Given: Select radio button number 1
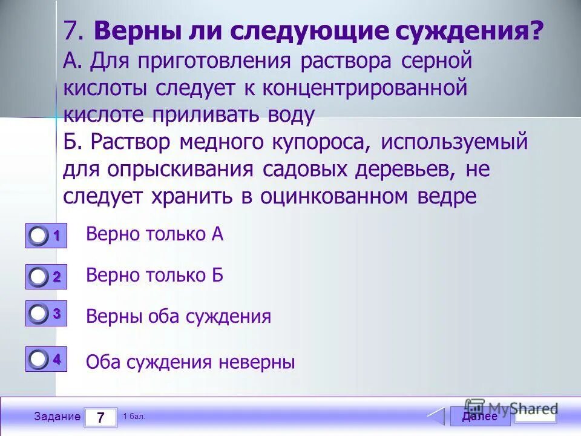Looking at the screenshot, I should point(39,236).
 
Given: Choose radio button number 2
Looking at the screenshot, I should point(39,277).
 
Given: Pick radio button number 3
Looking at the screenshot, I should point(39,314).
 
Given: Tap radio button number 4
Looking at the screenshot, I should point(39,359).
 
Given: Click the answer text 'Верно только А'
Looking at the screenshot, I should point(155,234).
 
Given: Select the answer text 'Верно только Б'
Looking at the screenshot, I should point(155,276).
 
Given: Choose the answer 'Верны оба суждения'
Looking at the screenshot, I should point(179,316).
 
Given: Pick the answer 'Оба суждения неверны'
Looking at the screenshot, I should point(191,362).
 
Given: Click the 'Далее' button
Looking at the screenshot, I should point(480,417).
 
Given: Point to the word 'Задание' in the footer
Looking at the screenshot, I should point(57,417).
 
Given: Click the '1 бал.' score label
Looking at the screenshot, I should point(134,417).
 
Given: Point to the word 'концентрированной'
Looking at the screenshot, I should point(365,88).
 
